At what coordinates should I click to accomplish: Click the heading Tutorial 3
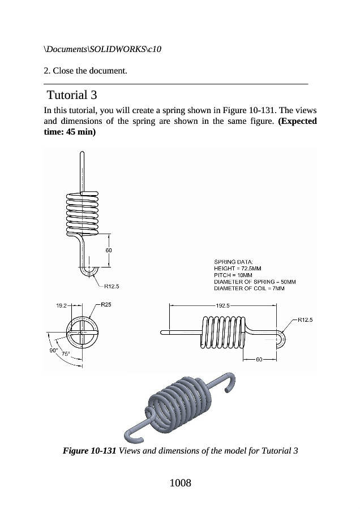click(72, 95)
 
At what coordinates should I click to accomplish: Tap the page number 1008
click(181, 483)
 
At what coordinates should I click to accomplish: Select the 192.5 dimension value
click(222, 305)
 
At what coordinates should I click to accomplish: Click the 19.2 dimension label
click(61, 305)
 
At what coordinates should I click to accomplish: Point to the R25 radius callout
click(106, 304)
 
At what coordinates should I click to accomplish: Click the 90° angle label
click(54, 351)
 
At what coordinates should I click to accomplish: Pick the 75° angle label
click(66, 354)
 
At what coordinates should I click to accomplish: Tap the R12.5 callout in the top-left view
click(112, 286)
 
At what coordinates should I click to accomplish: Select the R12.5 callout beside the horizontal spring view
click(305, 320)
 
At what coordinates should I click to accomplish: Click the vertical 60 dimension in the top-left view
click(109, 251)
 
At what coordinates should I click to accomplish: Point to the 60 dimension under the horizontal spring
click(259, 359)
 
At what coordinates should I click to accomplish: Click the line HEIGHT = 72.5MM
click(238, 269)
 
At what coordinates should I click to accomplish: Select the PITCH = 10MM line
click(233, 275)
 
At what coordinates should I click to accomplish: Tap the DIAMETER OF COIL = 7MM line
click(249, 288)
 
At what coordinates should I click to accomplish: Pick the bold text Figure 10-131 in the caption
click(89, 451)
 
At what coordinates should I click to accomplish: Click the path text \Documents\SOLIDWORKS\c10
click(102, 49)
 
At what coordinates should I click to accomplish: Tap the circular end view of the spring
click(82, 333)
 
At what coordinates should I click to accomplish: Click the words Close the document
click(90, 71)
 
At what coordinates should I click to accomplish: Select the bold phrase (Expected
click(297, 121)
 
